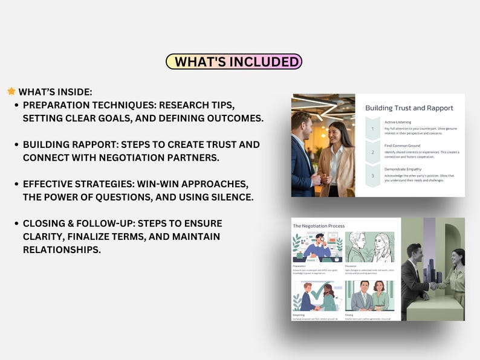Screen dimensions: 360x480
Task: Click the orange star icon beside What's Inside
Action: point(11,91)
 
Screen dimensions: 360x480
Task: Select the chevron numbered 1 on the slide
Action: point(372,129)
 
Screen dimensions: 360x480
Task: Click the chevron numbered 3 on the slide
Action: point(372,176)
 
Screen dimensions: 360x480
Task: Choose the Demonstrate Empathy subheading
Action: point(403,169)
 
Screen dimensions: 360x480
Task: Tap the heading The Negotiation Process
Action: point(319,226)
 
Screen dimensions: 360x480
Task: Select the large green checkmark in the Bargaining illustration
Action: point(320,290)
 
